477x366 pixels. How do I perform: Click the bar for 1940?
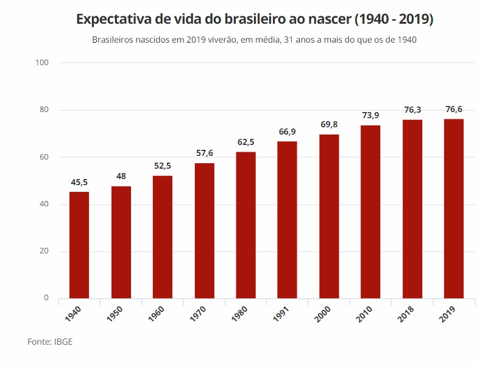(x=79, y=245)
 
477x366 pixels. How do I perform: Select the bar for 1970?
(x=205, y=231)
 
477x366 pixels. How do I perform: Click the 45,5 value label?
(x=79, y=182)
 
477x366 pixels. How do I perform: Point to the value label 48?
(x=121, y=177)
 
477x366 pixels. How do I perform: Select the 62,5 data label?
(x=246, y=143)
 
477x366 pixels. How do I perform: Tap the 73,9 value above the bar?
(x=370, y=116)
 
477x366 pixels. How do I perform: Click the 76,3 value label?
(x=412, y=110)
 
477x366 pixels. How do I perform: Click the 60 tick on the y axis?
(x=44, y=157)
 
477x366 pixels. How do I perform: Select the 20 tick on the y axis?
(x=44, y=251)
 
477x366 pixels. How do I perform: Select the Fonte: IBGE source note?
(x=50, y=342)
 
